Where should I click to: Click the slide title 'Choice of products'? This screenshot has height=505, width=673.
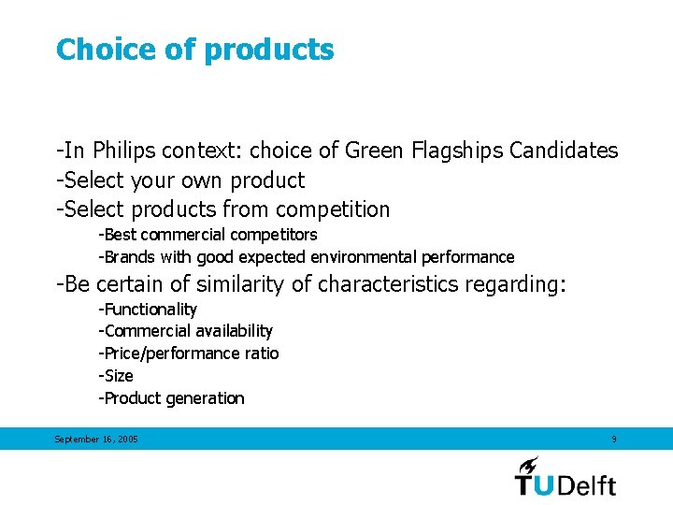194,50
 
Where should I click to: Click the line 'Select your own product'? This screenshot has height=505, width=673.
180,180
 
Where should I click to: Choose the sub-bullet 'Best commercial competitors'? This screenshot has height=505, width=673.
208,235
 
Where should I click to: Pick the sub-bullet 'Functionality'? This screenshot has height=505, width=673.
149,310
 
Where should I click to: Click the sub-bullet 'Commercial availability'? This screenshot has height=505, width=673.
186,331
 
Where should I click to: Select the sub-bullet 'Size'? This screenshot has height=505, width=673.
117,376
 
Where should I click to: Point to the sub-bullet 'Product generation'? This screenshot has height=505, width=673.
172,398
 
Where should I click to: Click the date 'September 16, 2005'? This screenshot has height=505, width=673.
96,440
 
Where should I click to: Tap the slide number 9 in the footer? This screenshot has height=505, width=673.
613,440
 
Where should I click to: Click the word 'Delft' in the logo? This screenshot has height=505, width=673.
585,484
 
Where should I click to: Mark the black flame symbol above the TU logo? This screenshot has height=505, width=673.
529,465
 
